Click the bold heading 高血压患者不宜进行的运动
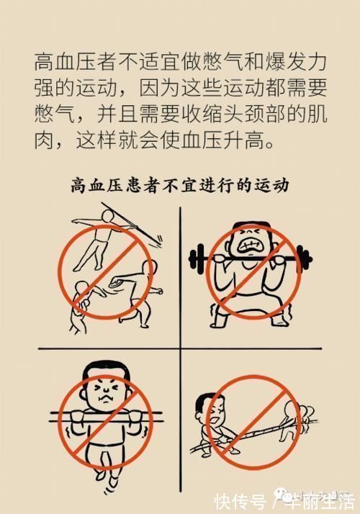pyautogui.click(x=180, y=186)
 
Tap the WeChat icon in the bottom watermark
pyautogui.click(x=278, y=497)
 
